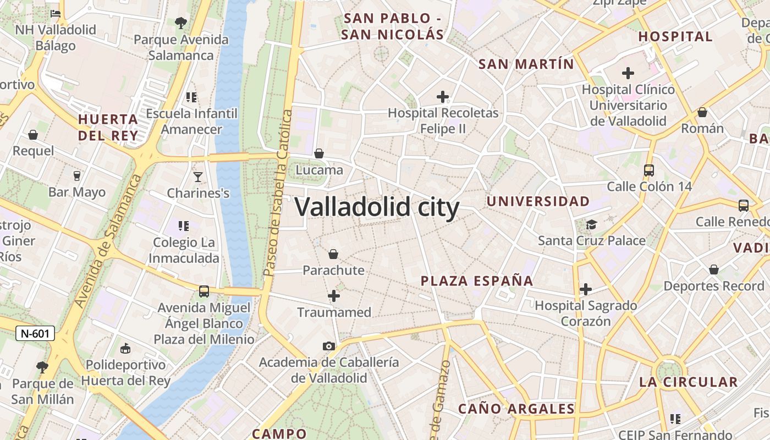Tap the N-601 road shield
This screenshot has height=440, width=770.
click(35, 333)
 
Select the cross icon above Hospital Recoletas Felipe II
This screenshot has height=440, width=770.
click(443, 97)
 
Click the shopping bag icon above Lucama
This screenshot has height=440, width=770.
click(319, 153)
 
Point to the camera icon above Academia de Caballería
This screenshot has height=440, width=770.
click(328, 346)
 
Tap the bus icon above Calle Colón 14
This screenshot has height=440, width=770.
click(649, 170)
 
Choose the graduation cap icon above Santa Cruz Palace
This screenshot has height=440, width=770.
click(591, 224)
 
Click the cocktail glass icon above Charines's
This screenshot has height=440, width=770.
click(198, 177)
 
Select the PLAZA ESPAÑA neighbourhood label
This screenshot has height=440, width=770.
click(477, 281)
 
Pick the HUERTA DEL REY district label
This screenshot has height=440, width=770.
click(108, 127)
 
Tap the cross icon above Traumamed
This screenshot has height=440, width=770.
click(334, 296)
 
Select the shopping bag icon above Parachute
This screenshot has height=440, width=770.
click(333, 254)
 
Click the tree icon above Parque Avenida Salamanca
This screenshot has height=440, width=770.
click(180, 23)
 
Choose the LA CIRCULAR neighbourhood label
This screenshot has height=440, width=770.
click(688, 382)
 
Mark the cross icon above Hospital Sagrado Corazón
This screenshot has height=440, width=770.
click(586, 289)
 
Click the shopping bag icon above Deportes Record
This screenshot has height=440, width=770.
click(714, 269)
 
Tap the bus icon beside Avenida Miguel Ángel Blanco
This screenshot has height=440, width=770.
click(204, 291)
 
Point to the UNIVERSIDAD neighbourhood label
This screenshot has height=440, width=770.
click(538, 201)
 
